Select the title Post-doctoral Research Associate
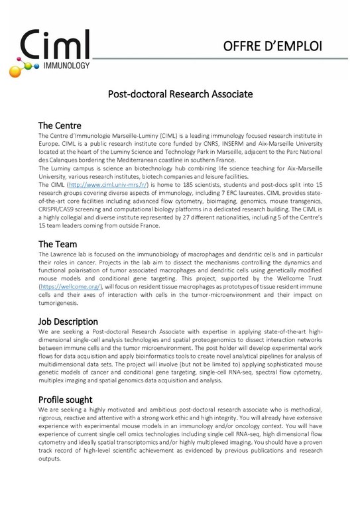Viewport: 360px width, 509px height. click(x=180, y=95)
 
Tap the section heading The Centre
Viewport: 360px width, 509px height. click(x=60, y=125)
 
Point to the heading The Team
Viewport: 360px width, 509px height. click(x=58, y=244)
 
